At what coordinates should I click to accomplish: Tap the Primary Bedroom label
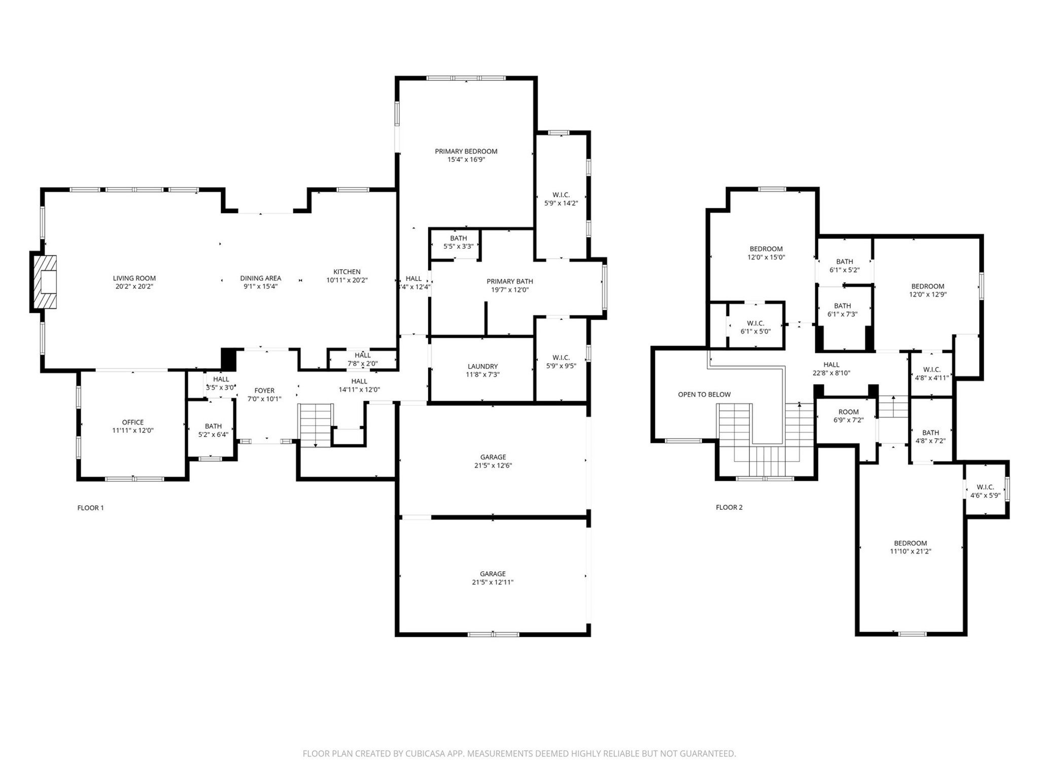click(466, 151)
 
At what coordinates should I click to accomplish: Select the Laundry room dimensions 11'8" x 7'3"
click(482, 375)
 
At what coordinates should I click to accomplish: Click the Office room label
click(132, 422)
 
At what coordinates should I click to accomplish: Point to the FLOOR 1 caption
click(90, 508)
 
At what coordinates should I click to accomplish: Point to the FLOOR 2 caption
click(729, 507)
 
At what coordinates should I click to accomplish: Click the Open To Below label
click(704, 395)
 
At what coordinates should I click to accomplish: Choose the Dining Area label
click(260, 278)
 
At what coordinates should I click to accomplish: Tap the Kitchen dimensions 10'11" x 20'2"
click(347, 280)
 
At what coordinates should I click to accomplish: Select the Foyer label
click(264, 391)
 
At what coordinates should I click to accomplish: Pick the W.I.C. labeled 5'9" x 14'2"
click(561, 199)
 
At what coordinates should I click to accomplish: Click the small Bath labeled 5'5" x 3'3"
click(458, 242)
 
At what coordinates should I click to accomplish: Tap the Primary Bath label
click(509, 281)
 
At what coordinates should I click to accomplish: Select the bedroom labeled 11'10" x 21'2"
click(910, 547)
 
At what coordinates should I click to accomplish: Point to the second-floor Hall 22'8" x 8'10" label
click(831, 365)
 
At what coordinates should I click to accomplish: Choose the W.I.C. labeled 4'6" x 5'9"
click(985, 491)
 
